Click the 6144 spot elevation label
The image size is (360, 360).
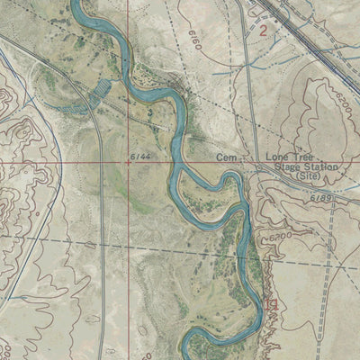coord(139,157)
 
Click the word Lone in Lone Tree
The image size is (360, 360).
coord(276,157)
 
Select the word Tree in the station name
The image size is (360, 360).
coord(301,157)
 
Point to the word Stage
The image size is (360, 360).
coord(279,167)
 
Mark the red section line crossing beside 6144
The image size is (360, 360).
coord(126,163)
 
